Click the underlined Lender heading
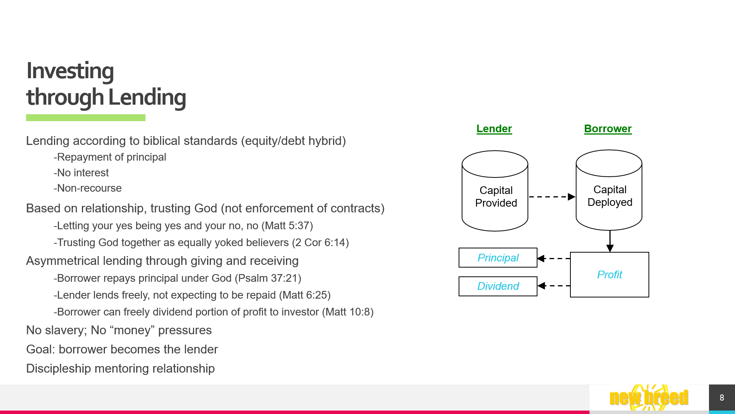494,129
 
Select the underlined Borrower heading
608,129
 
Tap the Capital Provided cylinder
495,191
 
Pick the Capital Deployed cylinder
609,190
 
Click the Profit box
609,274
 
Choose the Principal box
498,258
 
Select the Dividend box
498,286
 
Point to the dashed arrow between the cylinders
552,197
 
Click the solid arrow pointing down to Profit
610,241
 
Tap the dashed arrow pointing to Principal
554,258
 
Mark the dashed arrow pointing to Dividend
554,286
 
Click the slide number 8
722,398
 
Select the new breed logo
649,398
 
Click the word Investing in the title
70,71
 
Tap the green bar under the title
86,118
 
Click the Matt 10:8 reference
348,312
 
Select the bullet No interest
81,173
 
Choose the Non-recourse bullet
88,188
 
